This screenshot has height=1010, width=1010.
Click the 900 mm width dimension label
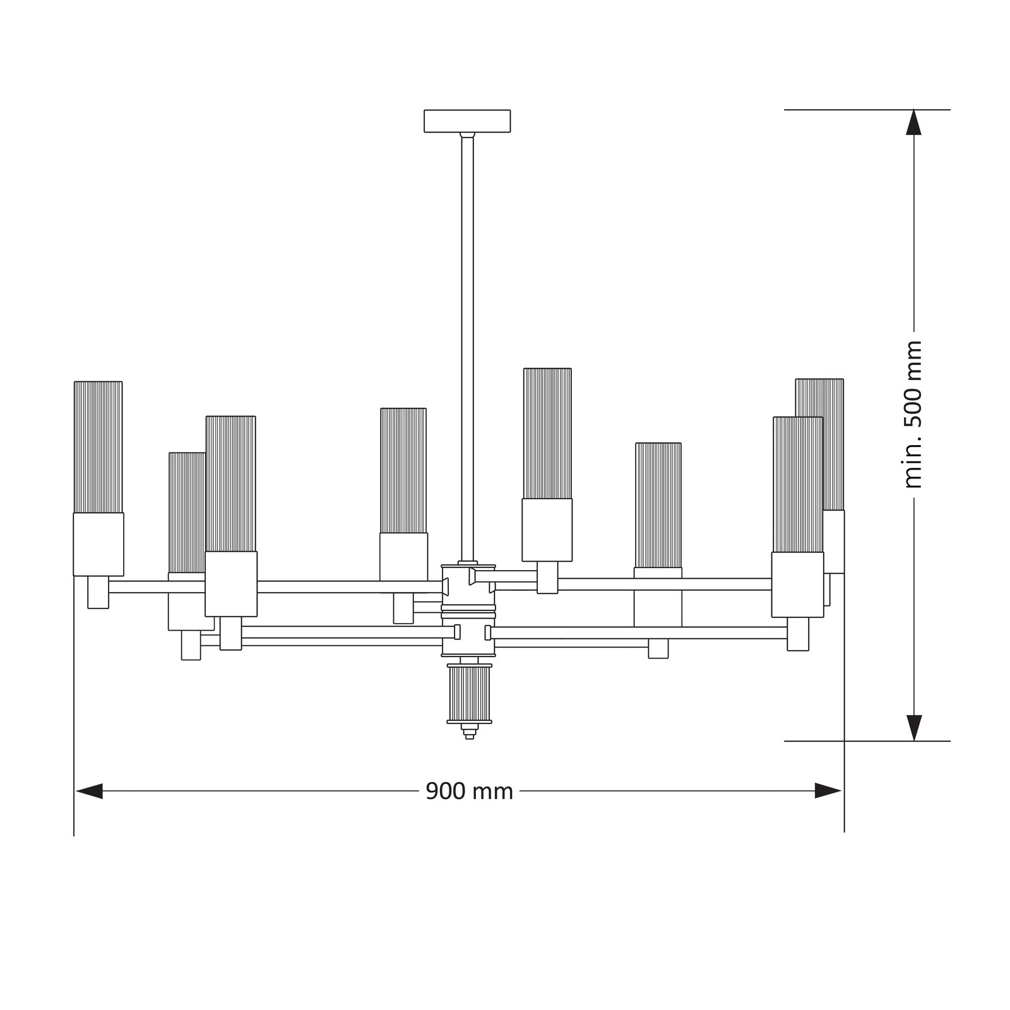click(469, 791)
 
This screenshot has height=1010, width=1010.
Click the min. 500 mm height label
click(913, 415)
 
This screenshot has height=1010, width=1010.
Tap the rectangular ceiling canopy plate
click(467, 121)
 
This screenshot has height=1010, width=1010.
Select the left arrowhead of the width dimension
click(88, 791)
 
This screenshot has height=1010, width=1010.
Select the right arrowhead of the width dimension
click(828, 791)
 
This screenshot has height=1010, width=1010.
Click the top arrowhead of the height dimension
click(913, 122)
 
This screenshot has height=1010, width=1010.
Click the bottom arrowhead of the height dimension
click(913, 728)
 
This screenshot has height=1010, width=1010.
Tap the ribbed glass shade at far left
click(98, 447)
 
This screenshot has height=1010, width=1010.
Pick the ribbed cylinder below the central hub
click(469, 693)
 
